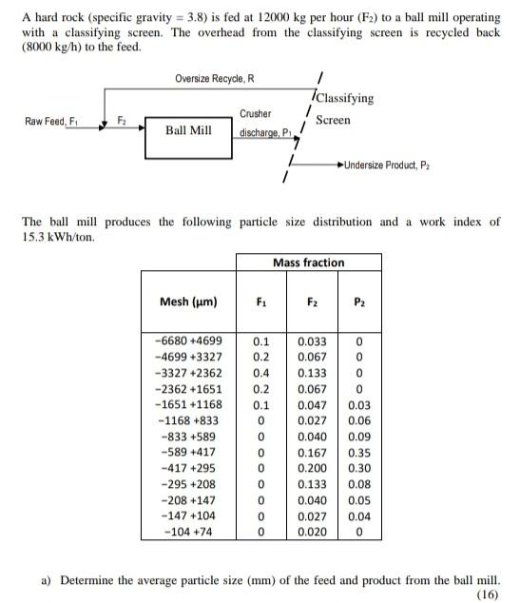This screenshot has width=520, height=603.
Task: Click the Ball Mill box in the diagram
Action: click(x=188, y=130)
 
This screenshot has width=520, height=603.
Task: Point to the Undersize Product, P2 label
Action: click(x=394, y=165)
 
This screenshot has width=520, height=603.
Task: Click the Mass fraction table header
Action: click(x=308, y=262)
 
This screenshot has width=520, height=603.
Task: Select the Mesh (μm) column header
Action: click(x=188, y=302)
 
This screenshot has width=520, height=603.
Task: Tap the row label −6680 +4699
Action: click(x=188, y=340)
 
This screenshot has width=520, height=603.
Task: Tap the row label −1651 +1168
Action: click(x=188, y=405)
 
